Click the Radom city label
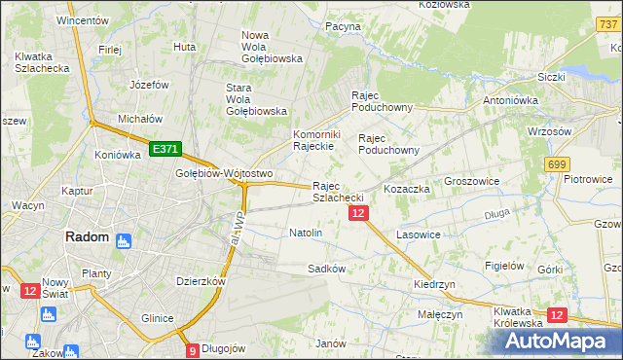tap(86, 236)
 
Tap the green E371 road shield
tap(165, 149)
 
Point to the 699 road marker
tap(557, 165)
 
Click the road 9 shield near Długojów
tap(192, 350)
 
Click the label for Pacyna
tap(343, 26)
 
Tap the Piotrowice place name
tap(588, 179)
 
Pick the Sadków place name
tap(327, 268)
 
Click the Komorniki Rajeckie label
tap(314, 140)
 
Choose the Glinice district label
tap(157, 318)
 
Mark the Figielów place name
tap(505, 265)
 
